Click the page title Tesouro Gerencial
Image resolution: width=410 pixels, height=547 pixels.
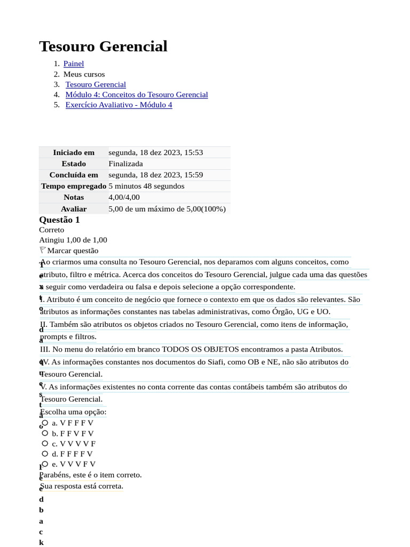coord(103,46)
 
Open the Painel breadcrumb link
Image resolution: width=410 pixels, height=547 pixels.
coord(74,64)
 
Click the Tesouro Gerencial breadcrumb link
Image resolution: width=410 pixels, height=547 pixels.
coord(96,84)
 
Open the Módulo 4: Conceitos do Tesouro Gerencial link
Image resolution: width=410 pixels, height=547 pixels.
coord(137,95)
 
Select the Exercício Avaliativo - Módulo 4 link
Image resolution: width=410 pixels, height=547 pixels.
coord(119,105)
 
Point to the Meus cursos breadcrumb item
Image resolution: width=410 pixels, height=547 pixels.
coord(84,74)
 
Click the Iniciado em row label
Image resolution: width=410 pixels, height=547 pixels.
coord(74,152)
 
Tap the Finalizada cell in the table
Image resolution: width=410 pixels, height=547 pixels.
coord(125,163)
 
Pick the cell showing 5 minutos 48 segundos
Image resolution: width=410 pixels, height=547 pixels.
coord(146,186)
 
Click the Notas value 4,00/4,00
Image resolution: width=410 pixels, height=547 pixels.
coord(124,197)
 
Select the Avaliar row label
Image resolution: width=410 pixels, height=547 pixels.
coord(74,209)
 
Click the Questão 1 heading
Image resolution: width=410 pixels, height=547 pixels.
coord(59,220)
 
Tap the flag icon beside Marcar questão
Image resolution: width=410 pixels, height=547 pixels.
coord(43,250)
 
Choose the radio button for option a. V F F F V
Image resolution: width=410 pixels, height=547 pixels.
coord(45,423)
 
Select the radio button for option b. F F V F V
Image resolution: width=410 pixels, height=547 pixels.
coord(45,433)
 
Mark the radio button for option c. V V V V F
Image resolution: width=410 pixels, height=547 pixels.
coord(45,443)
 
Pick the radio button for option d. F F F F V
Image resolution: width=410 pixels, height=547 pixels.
coord(45,454)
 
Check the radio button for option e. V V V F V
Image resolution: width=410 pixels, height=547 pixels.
coord(45,464)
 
